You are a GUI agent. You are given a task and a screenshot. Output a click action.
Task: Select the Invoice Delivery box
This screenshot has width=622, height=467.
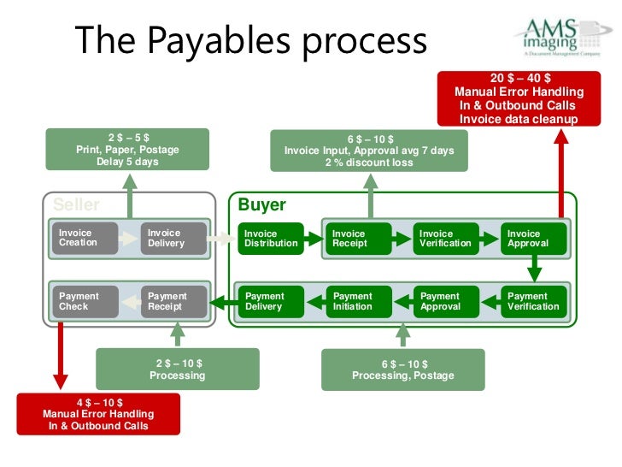click(x=173, y=238)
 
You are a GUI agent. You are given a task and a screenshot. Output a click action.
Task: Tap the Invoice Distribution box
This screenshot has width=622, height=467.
click(x=271, y=238)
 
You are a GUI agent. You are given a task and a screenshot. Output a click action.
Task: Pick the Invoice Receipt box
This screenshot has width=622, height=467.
click(x=358, y=238)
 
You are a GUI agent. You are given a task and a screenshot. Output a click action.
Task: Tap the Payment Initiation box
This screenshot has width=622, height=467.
click(x=358, y=301)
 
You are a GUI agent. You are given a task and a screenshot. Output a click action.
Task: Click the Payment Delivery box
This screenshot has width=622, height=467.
click(x=271, y=301)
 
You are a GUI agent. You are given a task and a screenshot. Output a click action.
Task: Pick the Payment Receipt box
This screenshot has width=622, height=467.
click(x=173, y=301)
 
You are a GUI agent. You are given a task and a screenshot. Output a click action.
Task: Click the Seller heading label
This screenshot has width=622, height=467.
click(x=76, y=205)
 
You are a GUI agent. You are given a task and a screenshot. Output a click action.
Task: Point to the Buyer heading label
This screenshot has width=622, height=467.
click(x=261, y=205)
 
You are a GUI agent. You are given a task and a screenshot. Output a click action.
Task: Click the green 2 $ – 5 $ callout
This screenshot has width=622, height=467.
click(x=127, y=149)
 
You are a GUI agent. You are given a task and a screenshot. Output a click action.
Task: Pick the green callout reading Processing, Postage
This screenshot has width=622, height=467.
click(x=402, y=369)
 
